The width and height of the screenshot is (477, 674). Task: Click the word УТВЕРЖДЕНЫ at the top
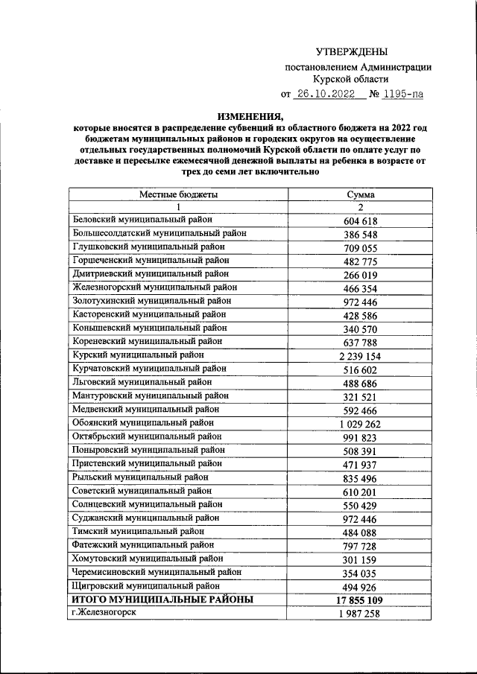click(x=352, y=51)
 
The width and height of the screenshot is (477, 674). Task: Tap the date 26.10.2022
click(x=326, y=95)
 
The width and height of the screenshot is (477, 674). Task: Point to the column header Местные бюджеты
click(x=178, y=194)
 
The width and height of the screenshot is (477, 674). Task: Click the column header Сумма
click(x=361, y=194)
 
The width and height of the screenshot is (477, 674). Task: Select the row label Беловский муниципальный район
click(x=142, y=220)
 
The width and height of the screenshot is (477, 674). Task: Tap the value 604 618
click(x=361, y=220)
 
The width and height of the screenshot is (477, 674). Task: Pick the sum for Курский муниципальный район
click(x=361, y=356)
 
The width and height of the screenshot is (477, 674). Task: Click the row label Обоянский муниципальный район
click(x=143, y=423)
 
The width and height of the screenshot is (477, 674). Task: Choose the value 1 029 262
click(x=361, y=424)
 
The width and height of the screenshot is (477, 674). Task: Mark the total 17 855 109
click(x=361, y=600)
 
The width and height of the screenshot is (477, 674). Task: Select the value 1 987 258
click(x=361, y=614)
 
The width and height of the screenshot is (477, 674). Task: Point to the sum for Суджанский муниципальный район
click(x=361, y=518)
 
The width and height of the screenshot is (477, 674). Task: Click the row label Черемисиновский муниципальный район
click(x=157, y=572)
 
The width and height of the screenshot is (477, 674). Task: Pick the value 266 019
click(x=361, y=275)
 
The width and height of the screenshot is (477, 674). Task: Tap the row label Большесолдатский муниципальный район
click(x=159, y=233)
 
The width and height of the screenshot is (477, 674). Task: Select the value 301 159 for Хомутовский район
click(x=361, y=559)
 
